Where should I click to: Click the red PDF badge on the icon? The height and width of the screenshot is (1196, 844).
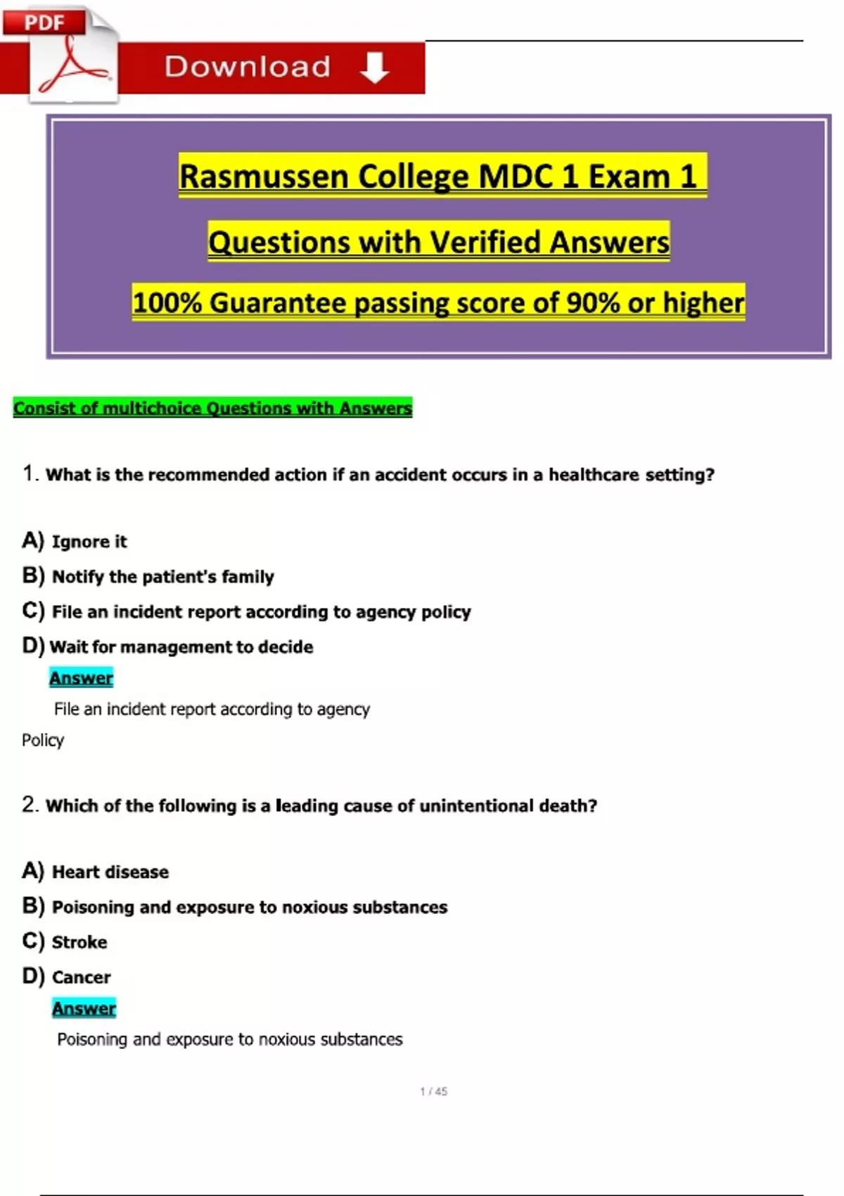click(x=44, y=22)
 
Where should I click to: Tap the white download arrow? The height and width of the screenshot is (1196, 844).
click(x=374, y=68)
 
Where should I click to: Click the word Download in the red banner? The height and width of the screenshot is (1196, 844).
click(x=248, y=67)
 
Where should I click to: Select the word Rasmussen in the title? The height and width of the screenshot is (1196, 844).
click(x=264, y=176)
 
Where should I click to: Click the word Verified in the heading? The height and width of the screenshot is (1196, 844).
click(x=485, y=242)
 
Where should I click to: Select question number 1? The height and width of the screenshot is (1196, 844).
click(x=29, y=473)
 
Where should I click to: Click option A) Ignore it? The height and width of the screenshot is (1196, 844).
click(x=75, y=541)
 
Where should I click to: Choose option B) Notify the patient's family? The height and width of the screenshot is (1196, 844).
click(x=148, y=576)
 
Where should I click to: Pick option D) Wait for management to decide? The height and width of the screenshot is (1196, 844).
click(x=168, y=647)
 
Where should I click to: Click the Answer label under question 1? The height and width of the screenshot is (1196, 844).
click(x=81, y=678)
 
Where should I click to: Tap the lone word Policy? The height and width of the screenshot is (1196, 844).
click(x=43, y=740)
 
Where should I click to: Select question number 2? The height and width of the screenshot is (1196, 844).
click(x=29, y=804)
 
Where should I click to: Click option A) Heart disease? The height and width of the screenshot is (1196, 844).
click(x=96, y=872)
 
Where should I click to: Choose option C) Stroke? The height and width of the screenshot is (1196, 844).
click(x=65, y=942)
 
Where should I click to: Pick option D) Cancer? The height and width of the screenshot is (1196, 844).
click(x=67, y=977)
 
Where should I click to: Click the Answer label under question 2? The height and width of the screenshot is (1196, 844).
click(x=84, y=1008)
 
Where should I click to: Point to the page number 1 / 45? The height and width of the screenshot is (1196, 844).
click(x=433, y=1091)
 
